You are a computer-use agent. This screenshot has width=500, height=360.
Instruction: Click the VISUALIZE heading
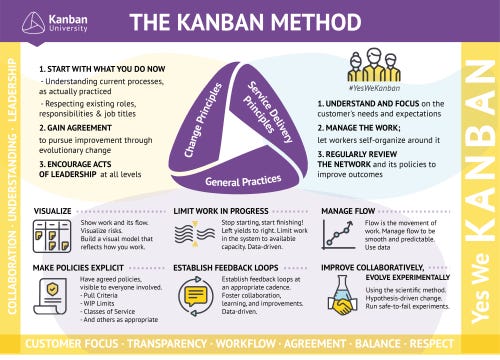tap(52, 213)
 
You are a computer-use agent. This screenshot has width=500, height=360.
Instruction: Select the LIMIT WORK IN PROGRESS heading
tap(223, 213)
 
